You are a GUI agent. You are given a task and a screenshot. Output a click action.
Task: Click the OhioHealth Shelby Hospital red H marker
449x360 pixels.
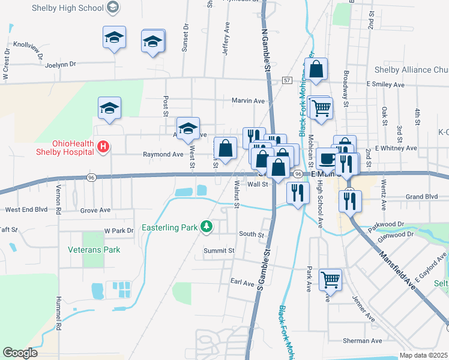(x=103, y=146)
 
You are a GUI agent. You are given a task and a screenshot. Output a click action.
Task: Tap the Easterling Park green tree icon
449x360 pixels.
(x=206, y=226)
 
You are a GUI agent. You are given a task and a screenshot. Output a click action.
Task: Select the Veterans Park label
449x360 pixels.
(x=94, y=250)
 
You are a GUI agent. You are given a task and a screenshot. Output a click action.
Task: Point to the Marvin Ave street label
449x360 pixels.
(x=248, y=101)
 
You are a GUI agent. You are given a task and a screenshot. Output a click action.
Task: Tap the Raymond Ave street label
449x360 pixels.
(x=163, y=154)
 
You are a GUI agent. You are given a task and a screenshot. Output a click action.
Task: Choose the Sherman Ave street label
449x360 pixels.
(x=363, y=341)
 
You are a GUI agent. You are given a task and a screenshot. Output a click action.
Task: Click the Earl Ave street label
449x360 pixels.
(x=243, y=281)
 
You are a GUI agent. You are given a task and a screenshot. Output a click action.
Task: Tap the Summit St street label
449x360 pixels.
(x=218, y=250)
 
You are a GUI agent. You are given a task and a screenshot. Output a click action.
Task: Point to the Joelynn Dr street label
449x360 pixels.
(x=61, y=64)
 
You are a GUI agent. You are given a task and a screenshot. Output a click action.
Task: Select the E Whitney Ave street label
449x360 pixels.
(x=396, y=148)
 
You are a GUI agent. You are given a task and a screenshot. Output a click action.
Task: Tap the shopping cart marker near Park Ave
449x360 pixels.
(x=330, y=279)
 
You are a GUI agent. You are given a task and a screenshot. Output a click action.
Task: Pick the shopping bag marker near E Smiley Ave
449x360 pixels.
(x=317, y=70)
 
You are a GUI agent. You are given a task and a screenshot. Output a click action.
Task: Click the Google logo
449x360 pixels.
(x=20, y=353)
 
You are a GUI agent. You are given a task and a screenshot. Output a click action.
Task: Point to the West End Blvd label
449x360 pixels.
(x=26, y=210)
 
